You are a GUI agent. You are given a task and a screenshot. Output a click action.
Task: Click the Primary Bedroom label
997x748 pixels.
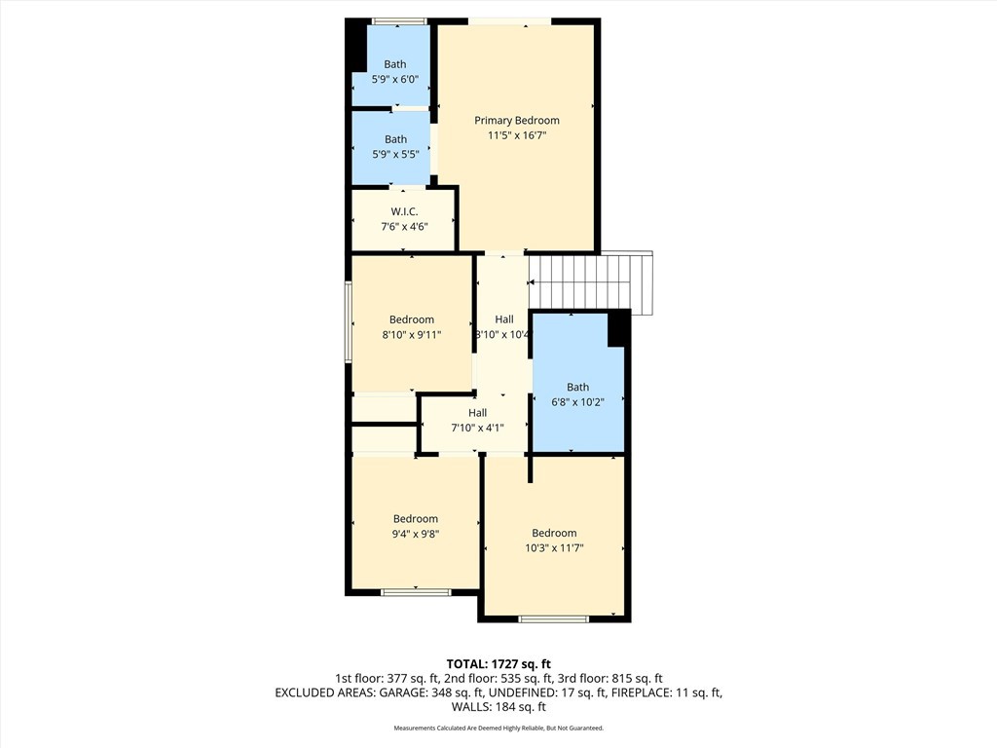click(x=516, y=121)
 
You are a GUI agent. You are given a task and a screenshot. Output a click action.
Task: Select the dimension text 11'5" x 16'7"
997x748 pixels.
click(x=516, y=136)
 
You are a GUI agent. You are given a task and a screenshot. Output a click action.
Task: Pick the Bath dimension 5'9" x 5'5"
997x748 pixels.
click(x=395, y=155)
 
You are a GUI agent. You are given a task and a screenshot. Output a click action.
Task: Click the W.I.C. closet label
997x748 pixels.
click(x=404, y=211)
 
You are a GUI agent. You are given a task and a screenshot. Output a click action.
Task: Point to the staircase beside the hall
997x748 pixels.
click(x=590, y=280)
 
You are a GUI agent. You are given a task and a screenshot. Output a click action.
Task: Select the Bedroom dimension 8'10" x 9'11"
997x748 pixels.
click(x=411, y=335)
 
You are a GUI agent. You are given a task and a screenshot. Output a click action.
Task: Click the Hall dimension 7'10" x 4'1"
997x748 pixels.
click(x=476, y=428)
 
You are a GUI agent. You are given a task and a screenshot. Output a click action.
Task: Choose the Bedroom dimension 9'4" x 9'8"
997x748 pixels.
click(x=416, y=534)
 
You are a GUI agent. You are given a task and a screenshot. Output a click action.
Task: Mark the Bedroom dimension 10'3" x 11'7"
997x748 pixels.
click(x=554, y=547)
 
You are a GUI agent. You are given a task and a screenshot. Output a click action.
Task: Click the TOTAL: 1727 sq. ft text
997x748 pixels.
click(x=498, y=663)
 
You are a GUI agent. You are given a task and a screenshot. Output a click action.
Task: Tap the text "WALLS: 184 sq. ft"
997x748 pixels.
click(x=498, y=707)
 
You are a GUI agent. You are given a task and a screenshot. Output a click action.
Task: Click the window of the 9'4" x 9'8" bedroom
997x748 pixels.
click(x=416, y=591)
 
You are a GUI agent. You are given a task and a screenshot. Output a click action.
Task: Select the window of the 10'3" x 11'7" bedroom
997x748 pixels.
click(x=554, y=618)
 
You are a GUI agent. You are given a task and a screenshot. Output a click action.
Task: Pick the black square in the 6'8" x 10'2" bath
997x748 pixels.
click(x=616, y=329)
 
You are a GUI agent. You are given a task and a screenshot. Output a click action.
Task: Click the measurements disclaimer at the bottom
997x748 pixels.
click(x=498, y=729)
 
